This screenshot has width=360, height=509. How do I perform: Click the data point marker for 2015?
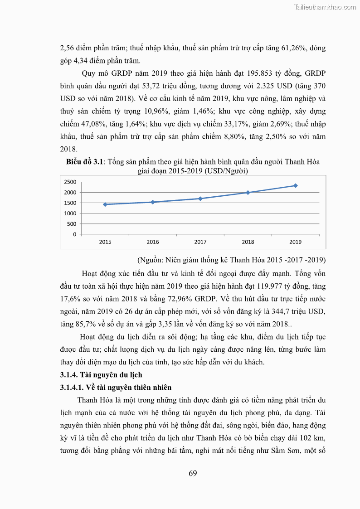105,204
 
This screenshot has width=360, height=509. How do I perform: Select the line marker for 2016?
153,202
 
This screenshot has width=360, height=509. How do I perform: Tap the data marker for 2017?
200,199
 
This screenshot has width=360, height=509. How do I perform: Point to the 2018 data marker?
248,193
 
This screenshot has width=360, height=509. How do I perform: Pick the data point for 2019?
296,185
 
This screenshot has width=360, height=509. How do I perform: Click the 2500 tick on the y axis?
70,182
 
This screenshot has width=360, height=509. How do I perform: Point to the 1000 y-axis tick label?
70,213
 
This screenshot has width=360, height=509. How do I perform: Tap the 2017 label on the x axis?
200,242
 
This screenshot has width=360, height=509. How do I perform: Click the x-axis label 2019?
296,242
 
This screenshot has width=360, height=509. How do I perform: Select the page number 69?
193,474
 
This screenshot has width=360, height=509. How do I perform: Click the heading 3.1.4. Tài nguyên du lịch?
101,375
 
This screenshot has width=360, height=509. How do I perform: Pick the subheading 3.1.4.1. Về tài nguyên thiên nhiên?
116,388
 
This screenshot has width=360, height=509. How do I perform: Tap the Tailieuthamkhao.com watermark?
325,7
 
